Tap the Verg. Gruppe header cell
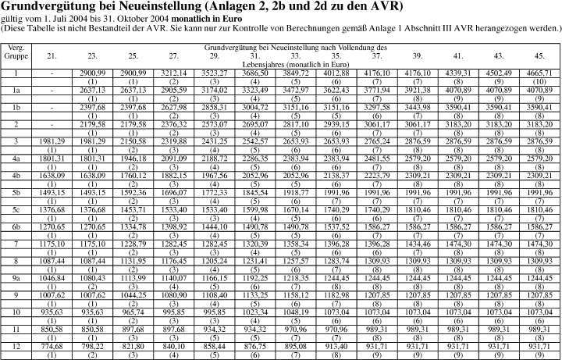point(16,52)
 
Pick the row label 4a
point(16,157)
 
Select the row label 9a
point(16,277)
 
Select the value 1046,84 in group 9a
point(52,277)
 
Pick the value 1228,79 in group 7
point(133,244)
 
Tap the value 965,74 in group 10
point(133,311)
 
